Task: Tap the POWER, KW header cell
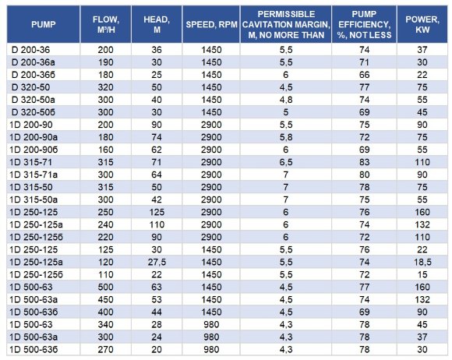[422, 24]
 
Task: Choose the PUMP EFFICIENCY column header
[366, 24]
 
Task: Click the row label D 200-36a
[31, 60]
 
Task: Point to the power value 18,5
[422, 253]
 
